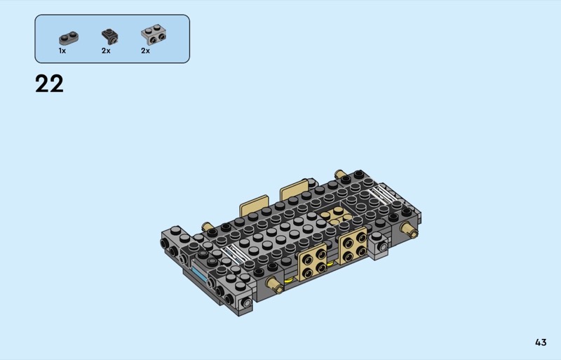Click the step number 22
tap(49, 84)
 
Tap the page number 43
tap(541, 342)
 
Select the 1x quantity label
tap(62, 51)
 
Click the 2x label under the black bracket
tap(106, 51)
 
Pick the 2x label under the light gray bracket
tap(145, 51)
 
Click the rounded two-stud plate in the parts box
tap(69, 38)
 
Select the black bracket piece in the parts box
tap(109, 36)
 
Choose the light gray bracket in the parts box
tap(154, 34)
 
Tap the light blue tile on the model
tap(200, 273)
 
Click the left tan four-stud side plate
tap(313, 261)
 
